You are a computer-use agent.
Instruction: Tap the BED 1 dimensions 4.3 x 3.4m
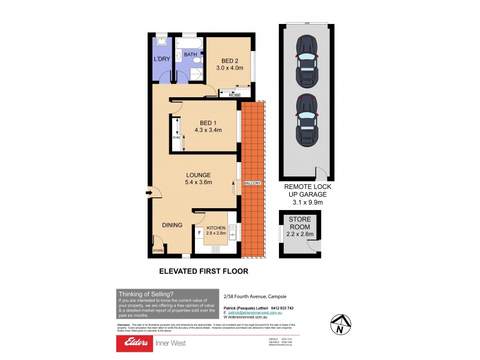[x=208, y=129]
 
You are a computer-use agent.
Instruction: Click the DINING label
[x=172, y=225]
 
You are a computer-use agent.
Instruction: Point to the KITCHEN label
[x=216, y=229]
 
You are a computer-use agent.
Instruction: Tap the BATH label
[x=190, y=55]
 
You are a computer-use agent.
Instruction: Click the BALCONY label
[x=253, y=182]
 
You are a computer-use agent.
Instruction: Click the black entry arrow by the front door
[x=148, y=193]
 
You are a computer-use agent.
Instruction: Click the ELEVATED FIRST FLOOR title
[x=203, y=271]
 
